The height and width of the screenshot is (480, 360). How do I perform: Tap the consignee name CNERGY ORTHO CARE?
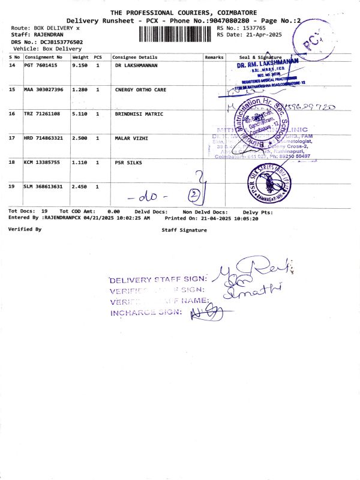[140, 89]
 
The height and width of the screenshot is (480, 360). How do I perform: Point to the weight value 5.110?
[81, 113]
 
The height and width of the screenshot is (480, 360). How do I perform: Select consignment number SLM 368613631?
[43, 187]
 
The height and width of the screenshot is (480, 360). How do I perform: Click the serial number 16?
[12, 113]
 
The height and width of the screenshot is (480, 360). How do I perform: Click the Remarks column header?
[214, 57]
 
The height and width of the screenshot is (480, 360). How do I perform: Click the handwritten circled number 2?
[194, 195]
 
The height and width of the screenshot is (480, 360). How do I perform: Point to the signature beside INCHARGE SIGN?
[206, 311]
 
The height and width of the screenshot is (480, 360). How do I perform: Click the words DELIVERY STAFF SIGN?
[158, 280]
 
